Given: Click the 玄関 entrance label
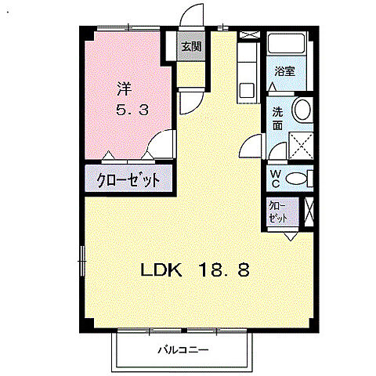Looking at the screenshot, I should [190, 47].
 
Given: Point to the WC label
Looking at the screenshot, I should [277, 178].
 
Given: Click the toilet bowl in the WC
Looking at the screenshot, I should [296, 179].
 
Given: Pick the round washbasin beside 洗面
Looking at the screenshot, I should [302, 110].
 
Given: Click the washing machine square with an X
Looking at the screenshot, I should [302, 146].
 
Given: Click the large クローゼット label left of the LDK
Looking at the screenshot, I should [128, 179].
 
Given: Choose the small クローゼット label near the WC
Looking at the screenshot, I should [279, 212].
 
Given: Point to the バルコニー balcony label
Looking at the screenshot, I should [182, 349].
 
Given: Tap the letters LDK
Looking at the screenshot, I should [161, 271].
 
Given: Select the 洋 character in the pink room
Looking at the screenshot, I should [124, 88].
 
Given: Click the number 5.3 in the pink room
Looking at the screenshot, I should [132, 110].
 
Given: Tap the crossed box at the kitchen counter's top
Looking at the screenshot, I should [248, 36].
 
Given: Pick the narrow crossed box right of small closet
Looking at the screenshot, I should [310, 212].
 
